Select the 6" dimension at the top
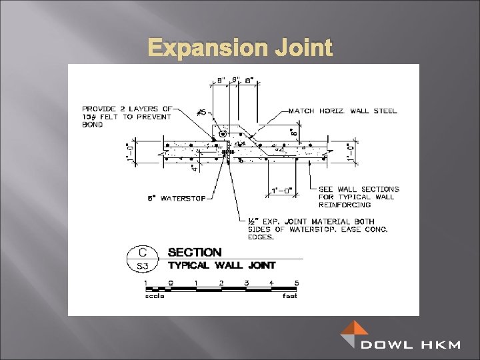(236, 79)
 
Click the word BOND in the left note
(93, 125)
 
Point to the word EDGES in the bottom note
(256, 237)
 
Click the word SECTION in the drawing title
(195, 253)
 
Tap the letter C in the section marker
(142, 252)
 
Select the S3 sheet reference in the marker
(142, 265)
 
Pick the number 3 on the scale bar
(246, 283)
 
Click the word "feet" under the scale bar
(289, 296)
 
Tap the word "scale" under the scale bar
(155, 296)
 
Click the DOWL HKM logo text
(411, 345)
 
